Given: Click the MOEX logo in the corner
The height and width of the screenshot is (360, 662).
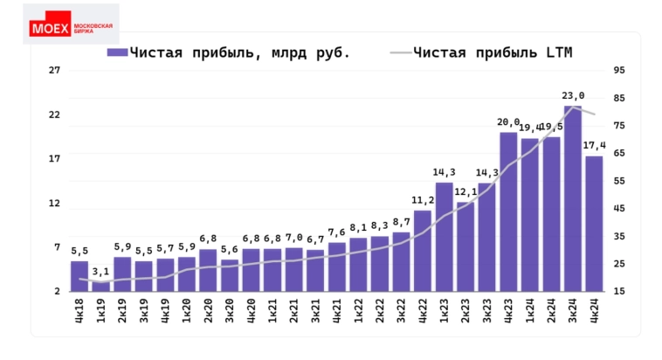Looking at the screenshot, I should coord(72,27).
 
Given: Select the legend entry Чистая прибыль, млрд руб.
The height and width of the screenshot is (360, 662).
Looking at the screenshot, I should coord(229,52).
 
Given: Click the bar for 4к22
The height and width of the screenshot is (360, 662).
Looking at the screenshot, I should coord(423,251).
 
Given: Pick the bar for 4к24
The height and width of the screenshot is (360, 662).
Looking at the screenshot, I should coord(594,223).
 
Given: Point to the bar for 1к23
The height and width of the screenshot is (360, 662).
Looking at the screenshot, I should coord(444,237).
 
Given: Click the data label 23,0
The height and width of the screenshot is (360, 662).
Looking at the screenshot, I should coord(573,96).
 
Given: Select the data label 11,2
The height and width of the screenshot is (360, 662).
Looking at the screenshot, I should coord(423,200).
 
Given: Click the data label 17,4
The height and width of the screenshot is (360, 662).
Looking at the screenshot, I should coord(594,145).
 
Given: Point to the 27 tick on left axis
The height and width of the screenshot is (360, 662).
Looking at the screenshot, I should coord(53,70).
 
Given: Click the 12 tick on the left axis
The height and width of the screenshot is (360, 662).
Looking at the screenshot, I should coord(53,204).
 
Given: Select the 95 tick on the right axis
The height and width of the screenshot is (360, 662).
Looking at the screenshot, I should coord(619,70).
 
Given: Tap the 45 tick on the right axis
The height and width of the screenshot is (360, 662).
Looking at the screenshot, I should coord(619,208).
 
